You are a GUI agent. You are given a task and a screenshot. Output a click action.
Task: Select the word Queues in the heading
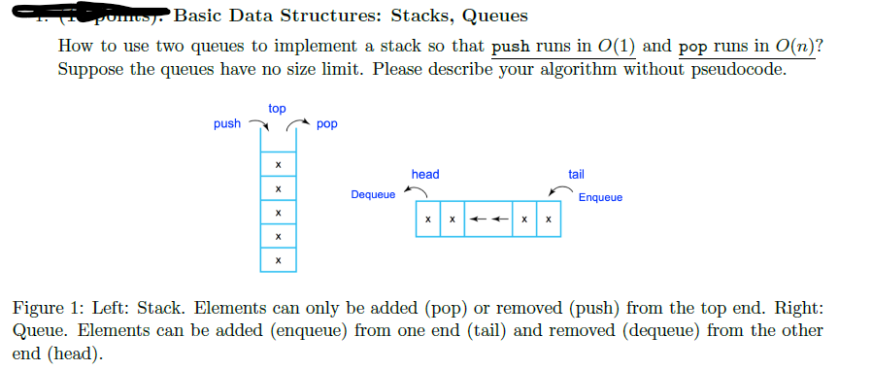(x=493, y=16)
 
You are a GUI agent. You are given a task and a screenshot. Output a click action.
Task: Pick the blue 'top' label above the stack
(x=277, y=109)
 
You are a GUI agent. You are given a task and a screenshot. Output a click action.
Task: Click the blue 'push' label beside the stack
(x=227, y=124)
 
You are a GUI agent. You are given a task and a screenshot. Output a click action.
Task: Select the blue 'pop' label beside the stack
(x=327, y=124)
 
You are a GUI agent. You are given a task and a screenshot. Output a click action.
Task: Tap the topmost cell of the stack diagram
(x=278, y=164)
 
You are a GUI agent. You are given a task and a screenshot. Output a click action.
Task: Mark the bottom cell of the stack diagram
(x=278, y=259)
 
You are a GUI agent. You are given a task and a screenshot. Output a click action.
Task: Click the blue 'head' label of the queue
(x=425, y=174)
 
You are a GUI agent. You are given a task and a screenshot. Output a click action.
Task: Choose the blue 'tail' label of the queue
(x=576, y=174)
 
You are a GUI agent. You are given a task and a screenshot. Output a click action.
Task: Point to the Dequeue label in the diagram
(x=374, y=194)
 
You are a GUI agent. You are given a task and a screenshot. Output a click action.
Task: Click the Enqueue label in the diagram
(x=600, y=197)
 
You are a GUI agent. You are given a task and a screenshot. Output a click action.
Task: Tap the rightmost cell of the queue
(x=549, y=219)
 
